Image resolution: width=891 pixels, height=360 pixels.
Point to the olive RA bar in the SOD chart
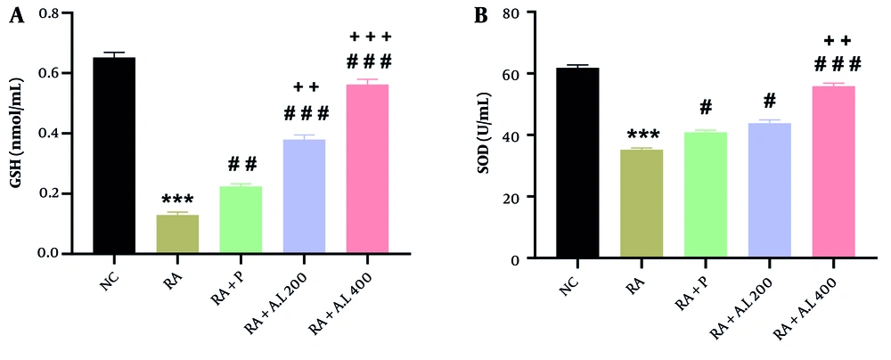(642, 204)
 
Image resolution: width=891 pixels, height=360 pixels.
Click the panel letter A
(15, 15)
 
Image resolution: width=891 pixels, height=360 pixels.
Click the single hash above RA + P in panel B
(706, 108)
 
